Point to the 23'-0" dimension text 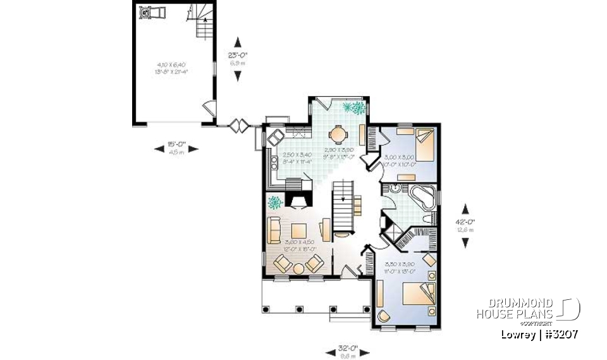click(x=238, y=55)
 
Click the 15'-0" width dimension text click(x=176, y=144)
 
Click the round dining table click(x=339, y=134)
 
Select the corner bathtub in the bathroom click(x=420, y=197)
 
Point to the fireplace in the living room click(x=297, y=201)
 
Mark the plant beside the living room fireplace click(x=275, y=202)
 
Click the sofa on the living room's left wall click(x=274, y=230)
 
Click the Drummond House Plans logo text click(x=515, y=309)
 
